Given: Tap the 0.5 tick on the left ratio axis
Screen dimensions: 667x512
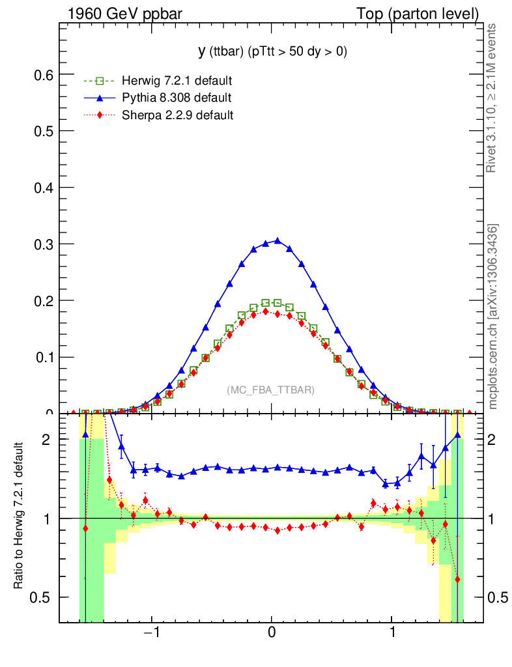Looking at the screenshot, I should (43, 597).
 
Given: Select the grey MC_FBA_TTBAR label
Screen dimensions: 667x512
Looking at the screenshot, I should (271, 390).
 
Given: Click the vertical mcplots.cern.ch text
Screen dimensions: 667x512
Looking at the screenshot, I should (493, 316).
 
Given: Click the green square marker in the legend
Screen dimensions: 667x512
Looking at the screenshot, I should (100, 81).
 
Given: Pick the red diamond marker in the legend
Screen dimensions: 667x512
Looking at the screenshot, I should (100, 115).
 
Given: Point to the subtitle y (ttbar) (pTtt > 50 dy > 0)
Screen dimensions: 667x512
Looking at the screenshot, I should (272, 51).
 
